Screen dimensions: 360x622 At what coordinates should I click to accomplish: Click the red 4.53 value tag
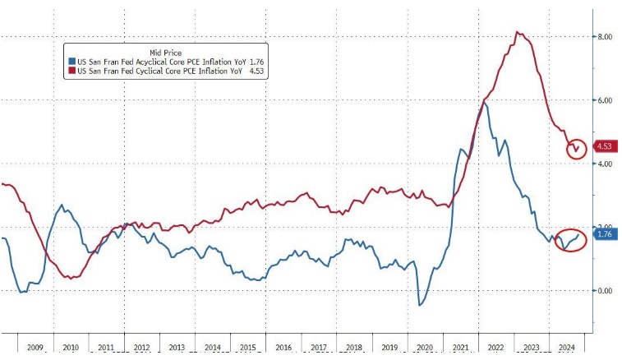[606, 148]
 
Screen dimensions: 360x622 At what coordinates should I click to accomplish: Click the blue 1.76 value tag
[606, 235]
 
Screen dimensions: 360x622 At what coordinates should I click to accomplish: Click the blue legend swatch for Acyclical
[71, 62]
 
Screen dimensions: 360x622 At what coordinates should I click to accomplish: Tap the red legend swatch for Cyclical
[71, 72]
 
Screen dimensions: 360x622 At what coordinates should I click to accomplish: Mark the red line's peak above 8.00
[517, 32]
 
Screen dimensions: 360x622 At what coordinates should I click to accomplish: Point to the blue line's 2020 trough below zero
[420, 306]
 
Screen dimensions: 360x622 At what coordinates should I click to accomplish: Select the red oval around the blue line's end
[569, 240]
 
